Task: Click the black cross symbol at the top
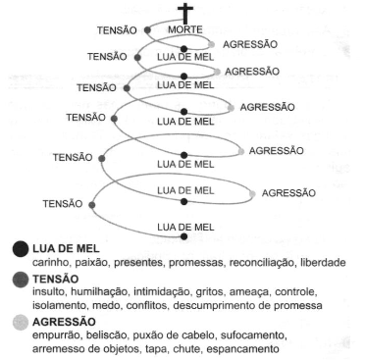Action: point(185,13)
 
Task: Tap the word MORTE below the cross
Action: point(185,29)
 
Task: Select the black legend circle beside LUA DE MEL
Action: point(21,249)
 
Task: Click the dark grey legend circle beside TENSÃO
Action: point(21,280)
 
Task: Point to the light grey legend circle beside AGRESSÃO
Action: point(21,323)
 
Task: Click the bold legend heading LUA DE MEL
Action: point(66,249)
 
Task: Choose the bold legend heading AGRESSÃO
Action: point(64,322)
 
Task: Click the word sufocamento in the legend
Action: point(254,335)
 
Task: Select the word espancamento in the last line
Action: point(243,349)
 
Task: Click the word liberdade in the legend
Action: point(323,263)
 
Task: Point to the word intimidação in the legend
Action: point(163,291)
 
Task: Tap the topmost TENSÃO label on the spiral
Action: point(117,30)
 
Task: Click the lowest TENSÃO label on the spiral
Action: point(63,204)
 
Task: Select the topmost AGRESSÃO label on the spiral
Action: point(250,44)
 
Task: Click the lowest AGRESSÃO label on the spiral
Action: point(288,193)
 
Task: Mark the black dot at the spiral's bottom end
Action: point(184,236)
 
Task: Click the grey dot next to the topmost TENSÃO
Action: point(147,30)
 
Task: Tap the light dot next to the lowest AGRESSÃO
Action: point(252,194)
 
